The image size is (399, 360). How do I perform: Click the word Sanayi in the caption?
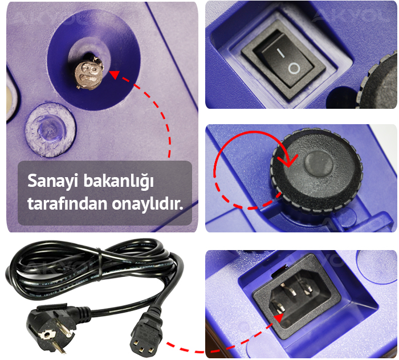click(x=53, y=182)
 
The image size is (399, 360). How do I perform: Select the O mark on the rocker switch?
click(x=294, y=69)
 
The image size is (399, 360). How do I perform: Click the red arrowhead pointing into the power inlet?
click(x=278, y=317)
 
